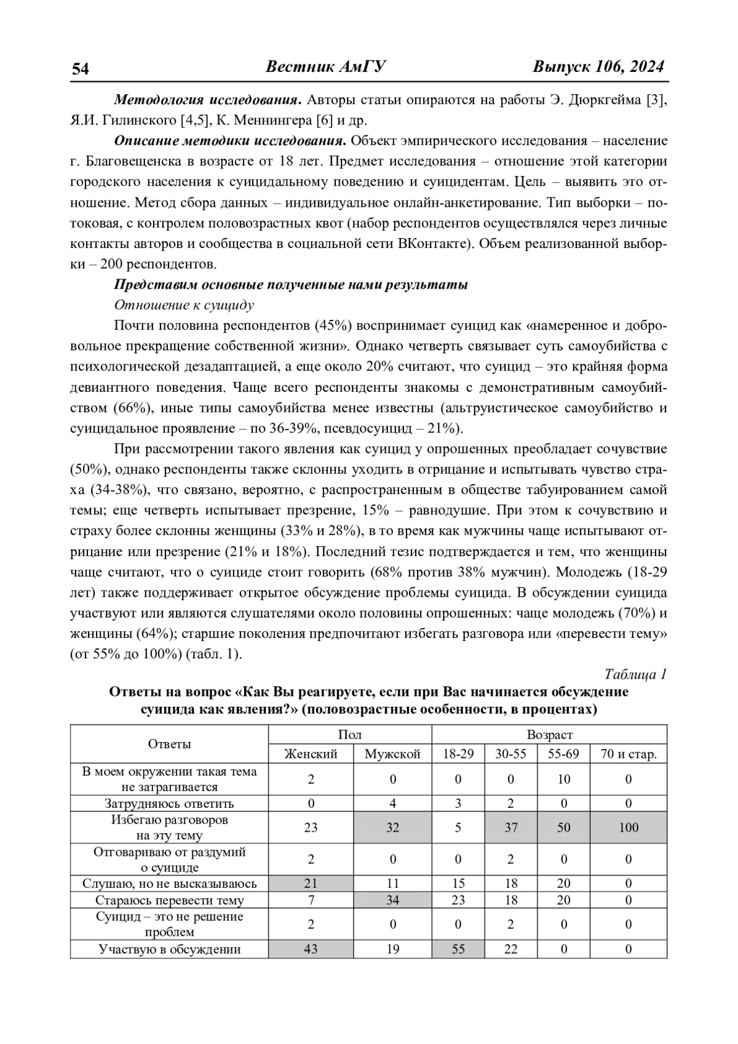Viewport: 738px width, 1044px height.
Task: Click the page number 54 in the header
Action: (81, 68)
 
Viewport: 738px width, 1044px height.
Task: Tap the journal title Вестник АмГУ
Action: (325, 66)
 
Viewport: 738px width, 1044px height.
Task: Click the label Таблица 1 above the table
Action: (636, 674)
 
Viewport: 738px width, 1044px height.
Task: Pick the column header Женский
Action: (311, 754)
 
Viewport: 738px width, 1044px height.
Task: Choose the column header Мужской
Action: (392, 754)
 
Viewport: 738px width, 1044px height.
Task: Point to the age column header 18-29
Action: (458, 754)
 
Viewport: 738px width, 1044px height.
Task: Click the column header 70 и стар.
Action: (628, 754)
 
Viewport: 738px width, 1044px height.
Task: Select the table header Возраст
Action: (549, 735)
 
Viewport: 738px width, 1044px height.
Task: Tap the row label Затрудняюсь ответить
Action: (169, 803)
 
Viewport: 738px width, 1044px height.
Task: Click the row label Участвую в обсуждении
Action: (169, 949)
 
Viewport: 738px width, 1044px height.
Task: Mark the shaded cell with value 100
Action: (629, 827)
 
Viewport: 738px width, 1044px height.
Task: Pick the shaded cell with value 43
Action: (311, 949)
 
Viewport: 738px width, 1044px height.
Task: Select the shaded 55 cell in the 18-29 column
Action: (458, 949)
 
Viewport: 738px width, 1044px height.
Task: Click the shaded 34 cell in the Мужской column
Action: (392, 900)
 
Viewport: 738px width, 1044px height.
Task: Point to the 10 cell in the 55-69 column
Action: (564, 779)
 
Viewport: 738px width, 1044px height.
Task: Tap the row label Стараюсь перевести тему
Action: (169, 900)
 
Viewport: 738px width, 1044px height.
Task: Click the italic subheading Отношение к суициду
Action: (184, 305)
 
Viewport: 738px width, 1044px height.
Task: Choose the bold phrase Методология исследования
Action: (208, 100)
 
